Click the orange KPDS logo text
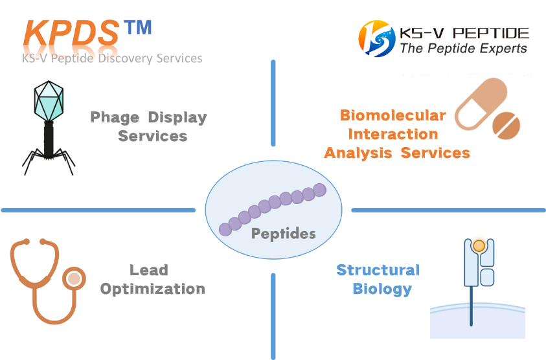71,33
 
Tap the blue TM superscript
138,27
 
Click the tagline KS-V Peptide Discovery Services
112,58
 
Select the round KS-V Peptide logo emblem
377,38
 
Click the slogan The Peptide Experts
464,49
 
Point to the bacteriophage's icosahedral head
49,101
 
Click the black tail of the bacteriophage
49,139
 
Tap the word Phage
115,118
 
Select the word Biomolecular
392,115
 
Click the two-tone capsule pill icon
481,104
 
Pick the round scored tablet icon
506,126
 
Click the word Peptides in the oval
284,233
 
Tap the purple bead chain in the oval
273,210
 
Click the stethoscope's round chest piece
74,278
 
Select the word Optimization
152,289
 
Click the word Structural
378,270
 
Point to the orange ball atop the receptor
479,246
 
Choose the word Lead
149,270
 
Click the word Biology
382,289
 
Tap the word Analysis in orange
358,153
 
